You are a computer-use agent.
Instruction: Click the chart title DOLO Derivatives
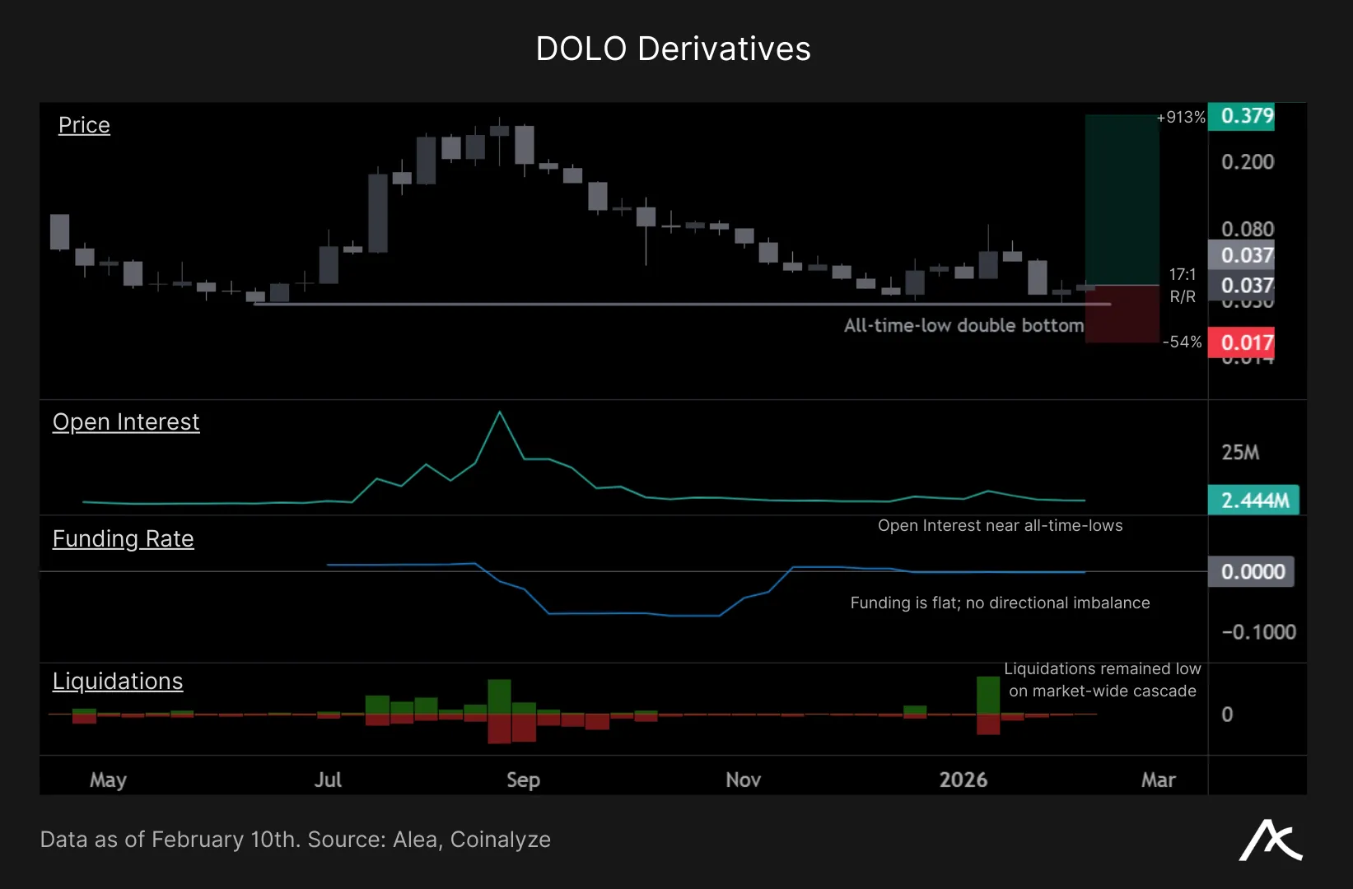pos(673,49)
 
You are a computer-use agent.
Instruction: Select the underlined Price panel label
pos(84,125)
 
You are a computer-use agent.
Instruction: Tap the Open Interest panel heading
pos(126,421)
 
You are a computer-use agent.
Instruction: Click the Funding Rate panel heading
pos(124,538)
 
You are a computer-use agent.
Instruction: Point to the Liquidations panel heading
pos(118,681)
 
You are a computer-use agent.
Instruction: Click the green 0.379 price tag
pos(1246,116)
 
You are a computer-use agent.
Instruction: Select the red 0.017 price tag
pos(1246,342)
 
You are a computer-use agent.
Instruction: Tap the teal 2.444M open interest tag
pos(1253,500)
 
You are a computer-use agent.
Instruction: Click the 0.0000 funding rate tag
pos(1252,571)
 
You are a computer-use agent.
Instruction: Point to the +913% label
pos(1181,118)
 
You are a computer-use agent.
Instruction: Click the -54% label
pos(1183,342)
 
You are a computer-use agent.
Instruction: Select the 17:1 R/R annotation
pos(1183,285)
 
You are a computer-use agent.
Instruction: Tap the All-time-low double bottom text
pos(963,325)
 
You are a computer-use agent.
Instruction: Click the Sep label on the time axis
pos(523,780)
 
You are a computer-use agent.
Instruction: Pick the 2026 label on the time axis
pos(963,780)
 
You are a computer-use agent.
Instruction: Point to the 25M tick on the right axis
pos(1240,453)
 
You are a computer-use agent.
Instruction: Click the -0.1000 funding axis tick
pos(1258,632)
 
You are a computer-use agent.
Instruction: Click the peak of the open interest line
pos(499,412)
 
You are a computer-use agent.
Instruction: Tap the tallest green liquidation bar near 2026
pos(987,695)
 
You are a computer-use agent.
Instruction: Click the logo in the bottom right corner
pos(1270,840)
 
